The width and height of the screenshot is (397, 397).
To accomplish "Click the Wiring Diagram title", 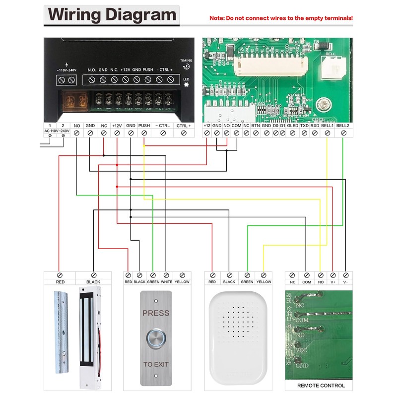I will pyautogui.click(x=112, y=15).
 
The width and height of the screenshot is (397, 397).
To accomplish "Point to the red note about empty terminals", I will pyautogui.click(x=281, y=18).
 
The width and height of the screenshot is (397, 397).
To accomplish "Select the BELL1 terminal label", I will pyautogui.click(x=327, y=126).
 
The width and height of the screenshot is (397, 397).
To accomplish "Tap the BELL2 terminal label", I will pyautogui.click(x=343, y=126).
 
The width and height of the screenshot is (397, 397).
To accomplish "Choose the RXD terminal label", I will pyautogui.click(x=315, y=126).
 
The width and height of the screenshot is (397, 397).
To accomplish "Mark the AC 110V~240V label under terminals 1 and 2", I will pyautogui.click(x=56, y=131).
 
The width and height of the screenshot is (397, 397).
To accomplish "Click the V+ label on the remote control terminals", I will pyautogui.click(x=332, y=282).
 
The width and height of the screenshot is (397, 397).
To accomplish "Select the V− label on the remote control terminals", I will pyautogui.click(x=345, y=282).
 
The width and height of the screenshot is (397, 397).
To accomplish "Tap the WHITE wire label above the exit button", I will pyautogui.click(x=166, y=282).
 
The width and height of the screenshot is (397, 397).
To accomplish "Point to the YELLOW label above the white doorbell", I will pyautogui.click(x=264, y=282).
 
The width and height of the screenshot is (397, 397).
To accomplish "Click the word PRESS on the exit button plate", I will pyautogui.click(x=156, y=313).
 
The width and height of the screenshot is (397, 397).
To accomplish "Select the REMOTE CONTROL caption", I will pyautogui.click(x=321, y=386).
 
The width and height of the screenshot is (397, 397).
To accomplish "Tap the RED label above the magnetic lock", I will pyautogui.click(x=60, y=282).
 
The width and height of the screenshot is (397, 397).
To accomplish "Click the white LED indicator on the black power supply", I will pyautogui.click(x=186, y=85).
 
